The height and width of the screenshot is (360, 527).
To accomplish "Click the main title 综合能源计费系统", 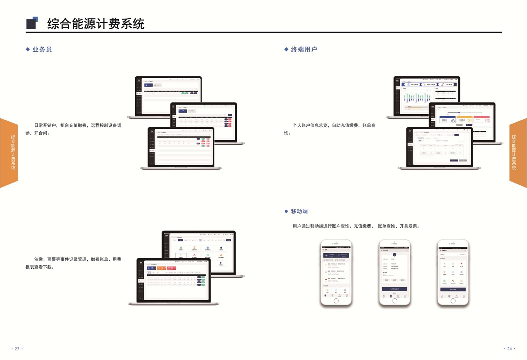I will [x=96, y=24].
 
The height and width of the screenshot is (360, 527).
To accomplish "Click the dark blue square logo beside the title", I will [x=32, y=23].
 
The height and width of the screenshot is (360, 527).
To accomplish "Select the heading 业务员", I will [x=42, y=50].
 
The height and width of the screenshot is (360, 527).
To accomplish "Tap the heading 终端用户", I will [x=304, y=50].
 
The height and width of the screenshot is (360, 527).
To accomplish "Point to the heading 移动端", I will [x=299, y=211].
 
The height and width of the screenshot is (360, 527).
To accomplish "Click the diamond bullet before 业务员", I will [x=28, y=50].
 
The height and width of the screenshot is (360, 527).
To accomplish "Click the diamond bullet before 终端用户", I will [x=286, y=50].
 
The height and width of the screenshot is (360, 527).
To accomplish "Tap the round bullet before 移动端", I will [x=286, y=211].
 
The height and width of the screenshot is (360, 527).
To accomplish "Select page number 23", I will [x=17, y=349].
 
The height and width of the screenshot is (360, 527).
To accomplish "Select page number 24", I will [x=509, y=349].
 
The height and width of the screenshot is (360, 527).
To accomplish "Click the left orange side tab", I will [x=9, y=153].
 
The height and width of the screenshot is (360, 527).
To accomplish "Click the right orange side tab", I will [x=518, y=153].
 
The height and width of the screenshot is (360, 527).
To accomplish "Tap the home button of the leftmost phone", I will [x=336, y=301].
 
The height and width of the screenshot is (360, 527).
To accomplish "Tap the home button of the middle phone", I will [x=395, y=301].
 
